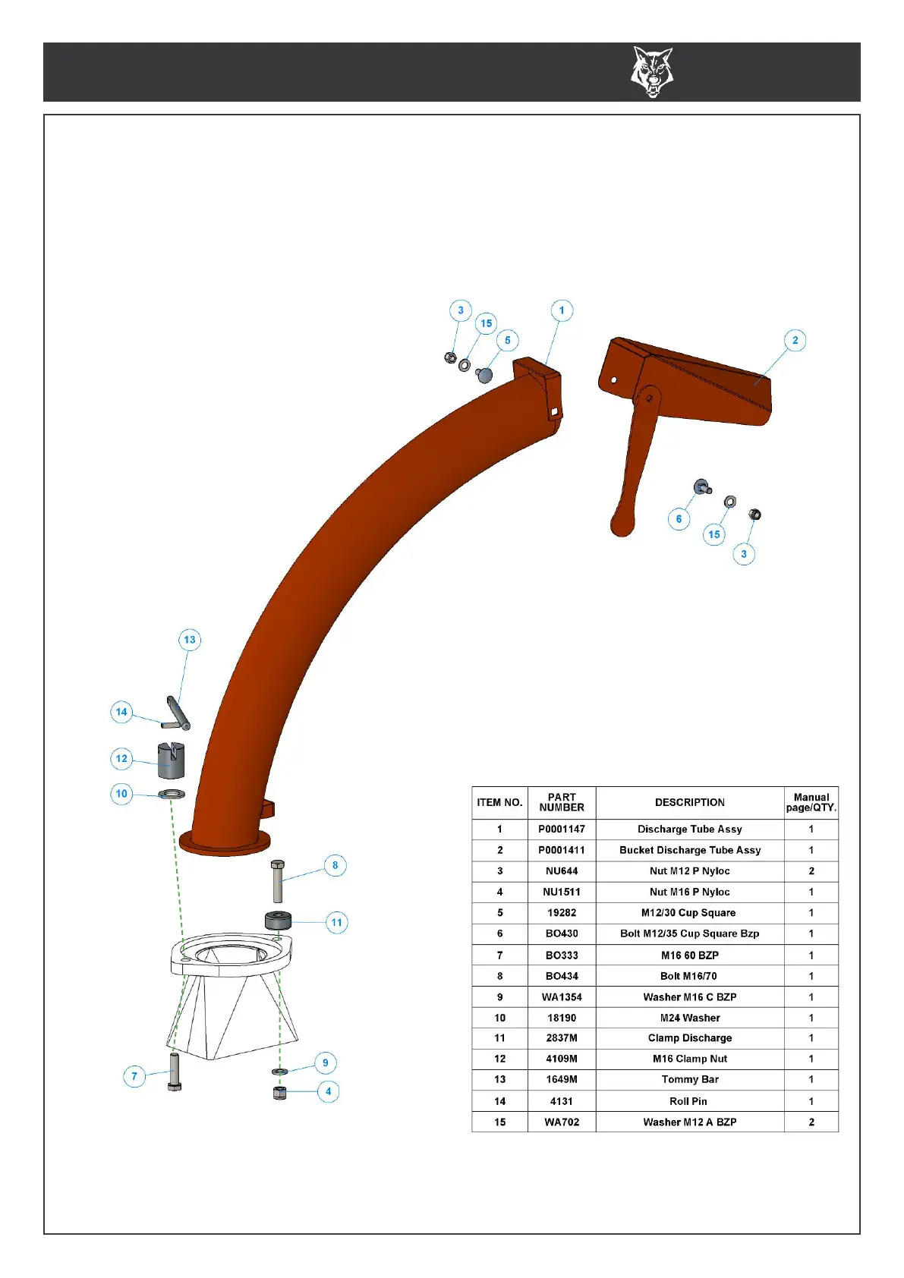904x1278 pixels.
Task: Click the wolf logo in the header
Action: pos(652,72)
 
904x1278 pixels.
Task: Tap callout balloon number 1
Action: pos(562,310)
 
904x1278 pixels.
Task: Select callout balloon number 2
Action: pos(795,340)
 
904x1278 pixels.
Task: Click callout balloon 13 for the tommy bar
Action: pos(190,640)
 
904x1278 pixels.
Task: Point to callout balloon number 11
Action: pos(336,923)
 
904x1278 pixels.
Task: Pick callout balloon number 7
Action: pos(134,1076)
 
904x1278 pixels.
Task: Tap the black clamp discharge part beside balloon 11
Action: pos(278,921)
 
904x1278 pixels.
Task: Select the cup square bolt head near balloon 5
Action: pos(484,373)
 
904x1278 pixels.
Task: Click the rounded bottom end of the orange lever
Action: pos(622,524)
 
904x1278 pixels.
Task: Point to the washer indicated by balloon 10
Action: pos(172,795)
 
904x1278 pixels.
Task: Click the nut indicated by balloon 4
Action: pos(280,1093)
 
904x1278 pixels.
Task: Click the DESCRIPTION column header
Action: pos(689,802)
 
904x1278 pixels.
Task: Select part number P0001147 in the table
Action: pos(562,829)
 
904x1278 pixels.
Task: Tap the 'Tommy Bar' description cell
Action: pos(689,1079)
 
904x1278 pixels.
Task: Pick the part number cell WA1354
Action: pos(562,997)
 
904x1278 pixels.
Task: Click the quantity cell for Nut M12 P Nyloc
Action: pos(811,871)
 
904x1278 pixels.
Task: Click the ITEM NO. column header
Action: pos(499,802)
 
